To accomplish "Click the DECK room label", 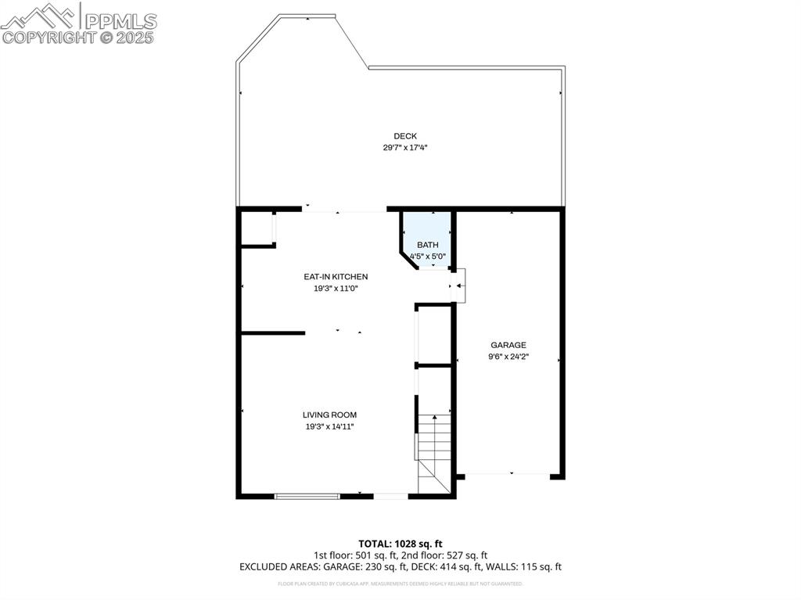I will point(404,136).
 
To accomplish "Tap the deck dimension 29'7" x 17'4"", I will point(404,147).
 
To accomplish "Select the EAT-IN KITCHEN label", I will point(336,277).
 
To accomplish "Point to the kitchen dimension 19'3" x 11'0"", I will point(336,288).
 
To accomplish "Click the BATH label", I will point(427,245).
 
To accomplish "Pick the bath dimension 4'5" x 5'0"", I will point(427,256).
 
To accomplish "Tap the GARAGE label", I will point(508,345).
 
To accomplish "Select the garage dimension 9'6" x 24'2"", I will point(508,357).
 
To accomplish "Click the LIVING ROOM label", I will point(329,415).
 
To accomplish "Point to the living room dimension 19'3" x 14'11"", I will point(329,426).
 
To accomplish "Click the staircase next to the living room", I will point(434,454).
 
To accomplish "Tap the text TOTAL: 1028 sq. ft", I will point(400,544).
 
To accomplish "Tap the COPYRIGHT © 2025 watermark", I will point(78,37).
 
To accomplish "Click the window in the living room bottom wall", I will point(307,495).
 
